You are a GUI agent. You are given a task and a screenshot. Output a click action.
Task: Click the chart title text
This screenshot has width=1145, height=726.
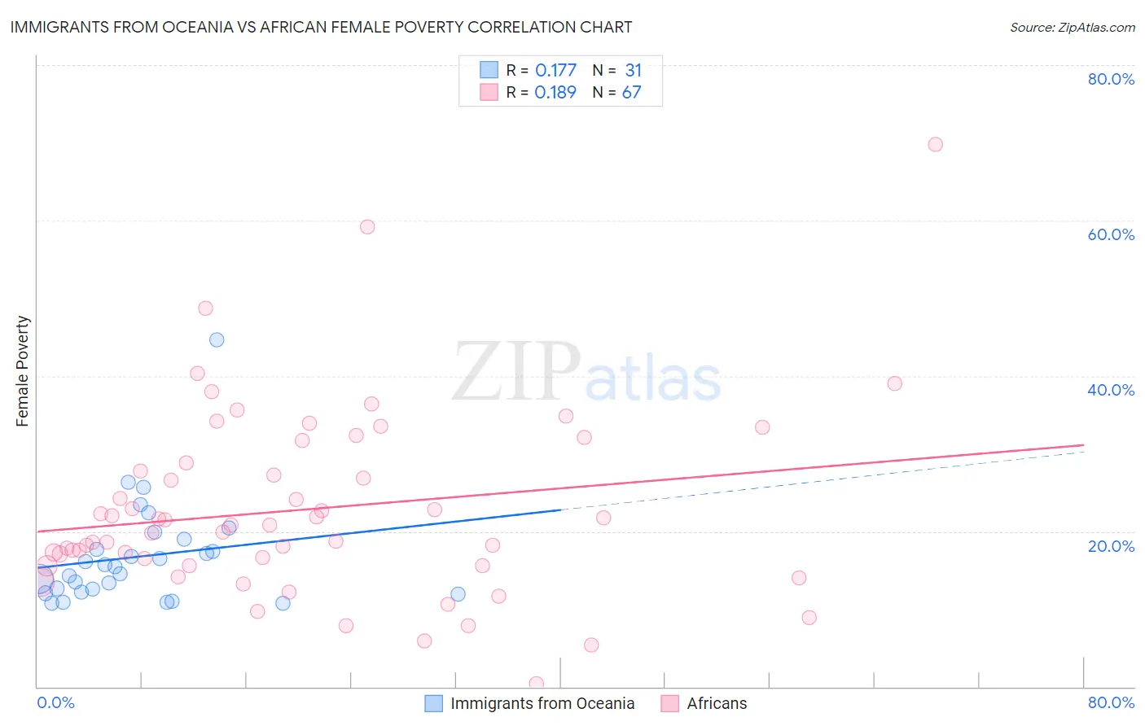pyautogui.click(x=321, y=27)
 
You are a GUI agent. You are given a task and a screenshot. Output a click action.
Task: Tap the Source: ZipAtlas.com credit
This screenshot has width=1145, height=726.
pyautogui.click(x=1072, y=27)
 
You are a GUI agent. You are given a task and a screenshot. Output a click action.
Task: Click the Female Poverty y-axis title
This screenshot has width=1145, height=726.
pyautogui.click(x=23, y=371)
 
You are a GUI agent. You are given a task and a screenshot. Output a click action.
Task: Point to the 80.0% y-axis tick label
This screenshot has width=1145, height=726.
pyautogui.click(x=1111, y=79)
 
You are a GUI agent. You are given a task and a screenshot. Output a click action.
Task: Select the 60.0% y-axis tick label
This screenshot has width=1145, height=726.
pyautogui.click(x=1111, y=234)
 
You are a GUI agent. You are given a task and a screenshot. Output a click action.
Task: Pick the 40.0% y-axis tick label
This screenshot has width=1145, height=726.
pyautogui.click(x=1111, y=390)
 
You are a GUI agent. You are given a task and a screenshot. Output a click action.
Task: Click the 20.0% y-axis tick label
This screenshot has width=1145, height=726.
pyautogui.click(x=1111, y=546)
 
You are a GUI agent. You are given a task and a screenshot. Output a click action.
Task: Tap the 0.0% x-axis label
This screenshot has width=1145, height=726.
pyautogui.click(x=56, y=702)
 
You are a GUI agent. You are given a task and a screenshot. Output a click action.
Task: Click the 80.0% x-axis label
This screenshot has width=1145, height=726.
pyautogui.click(x=1111, y=702)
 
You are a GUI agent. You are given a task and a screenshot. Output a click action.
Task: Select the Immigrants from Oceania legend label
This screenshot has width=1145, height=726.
pyautogui.click(x=542, y=703)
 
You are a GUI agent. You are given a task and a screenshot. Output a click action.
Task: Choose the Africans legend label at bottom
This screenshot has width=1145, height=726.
pyautogui.click(x=717, y=703)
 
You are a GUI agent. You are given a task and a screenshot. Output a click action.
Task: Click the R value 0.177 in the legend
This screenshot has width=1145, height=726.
pyautogui.click(x=555, y=71)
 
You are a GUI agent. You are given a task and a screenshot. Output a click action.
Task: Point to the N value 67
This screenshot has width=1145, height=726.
pyautogui.click(x=632, y=93)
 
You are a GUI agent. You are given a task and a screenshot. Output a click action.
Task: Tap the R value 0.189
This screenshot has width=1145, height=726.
pyautogui.click(x=555, y=93)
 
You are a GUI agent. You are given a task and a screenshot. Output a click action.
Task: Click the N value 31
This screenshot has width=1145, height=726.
pyautogui.click(x=633, y=71)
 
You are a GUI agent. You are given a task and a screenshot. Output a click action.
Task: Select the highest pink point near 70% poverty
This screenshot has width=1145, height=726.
pyautogui.click(x=935, y=144)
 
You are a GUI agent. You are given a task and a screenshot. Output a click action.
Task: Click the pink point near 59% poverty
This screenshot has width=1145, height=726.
pyautogui.click(x=367, y=227)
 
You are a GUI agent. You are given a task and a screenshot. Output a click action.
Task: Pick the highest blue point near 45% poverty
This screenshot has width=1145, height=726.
pyautogui.click(x=217, y=339)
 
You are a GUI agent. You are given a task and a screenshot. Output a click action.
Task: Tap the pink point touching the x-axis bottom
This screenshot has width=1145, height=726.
pyautogui.click(x=536, y=684)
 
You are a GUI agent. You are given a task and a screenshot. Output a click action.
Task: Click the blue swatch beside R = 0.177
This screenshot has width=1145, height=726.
pyautogui.click(x=489, y=70)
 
